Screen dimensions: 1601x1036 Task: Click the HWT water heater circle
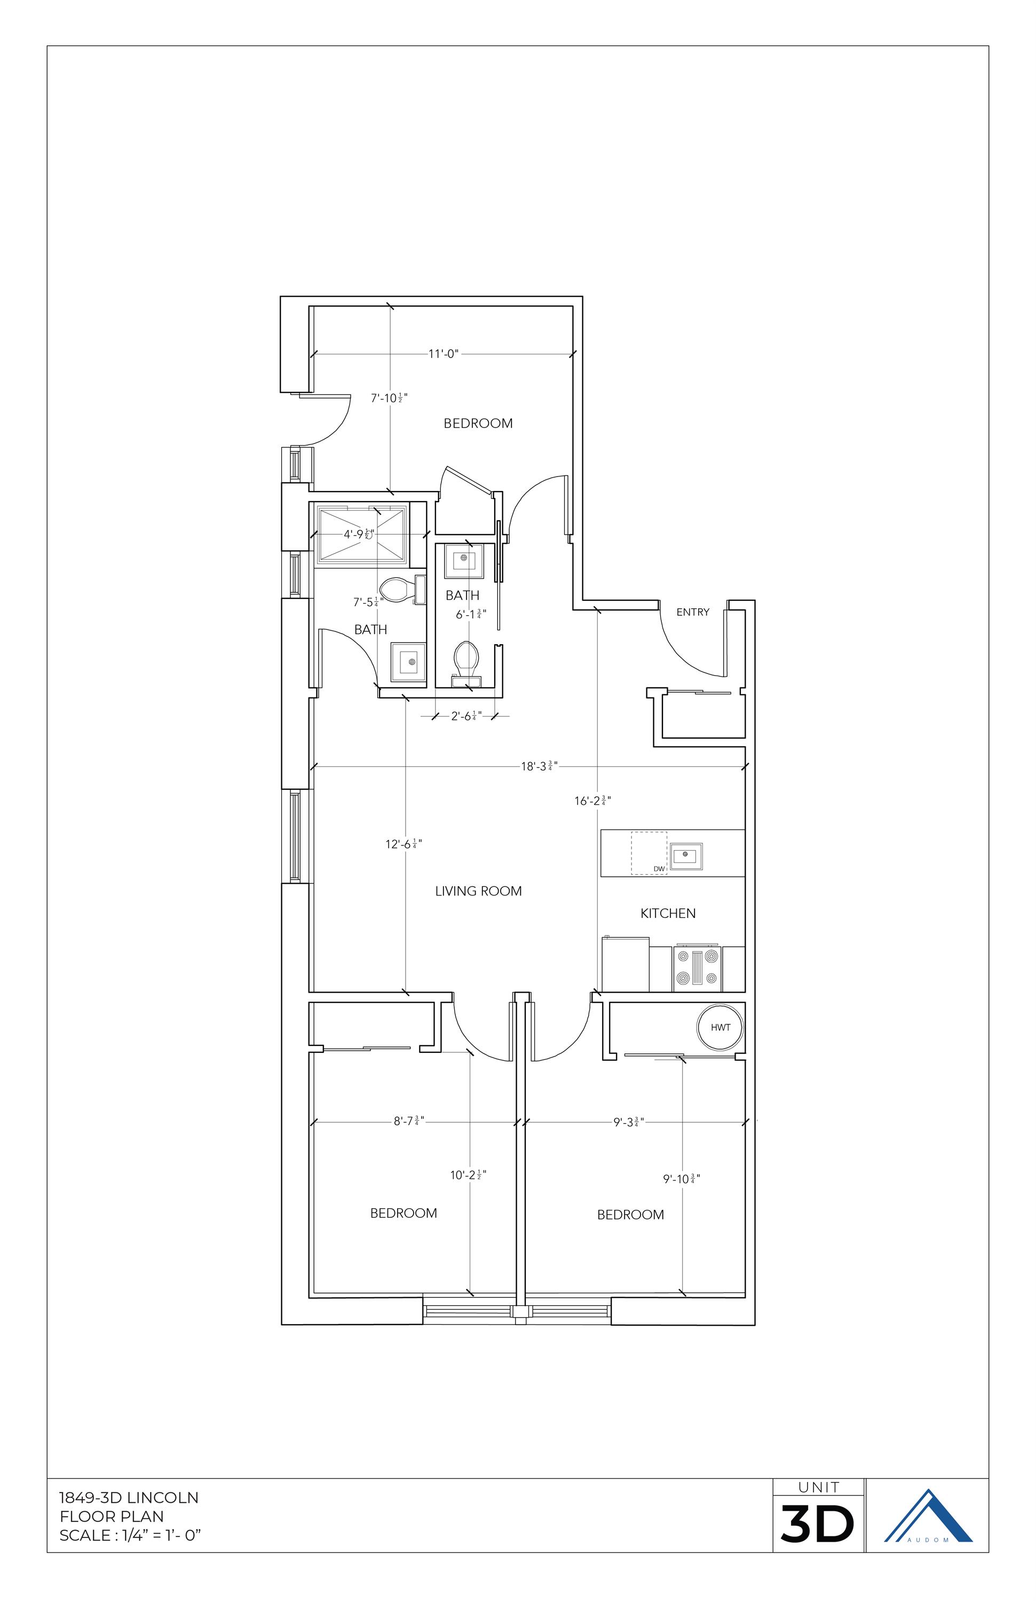pos(720,1027)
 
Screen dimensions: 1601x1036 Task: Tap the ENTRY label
pos(692,612)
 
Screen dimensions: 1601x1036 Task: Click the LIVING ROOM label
pos(478,891)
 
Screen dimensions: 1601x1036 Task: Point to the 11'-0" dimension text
pos(444,354)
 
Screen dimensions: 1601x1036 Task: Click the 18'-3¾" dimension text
pos(539,766)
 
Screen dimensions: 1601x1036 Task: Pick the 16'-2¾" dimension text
pos(592,800)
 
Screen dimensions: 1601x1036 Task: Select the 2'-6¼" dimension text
pos(465,716)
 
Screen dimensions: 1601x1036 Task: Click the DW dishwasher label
pos(659,869)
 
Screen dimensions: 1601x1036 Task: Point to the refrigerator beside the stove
pos(625,965)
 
